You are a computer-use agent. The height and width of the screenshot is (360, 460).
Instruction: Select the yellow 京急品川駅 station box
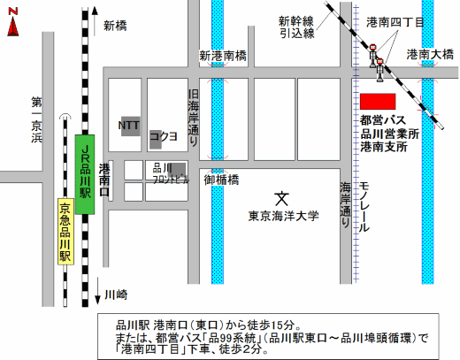click(64, 233)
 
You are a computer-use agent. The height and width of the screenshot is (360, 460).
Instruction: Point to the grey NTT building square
click(130, 126)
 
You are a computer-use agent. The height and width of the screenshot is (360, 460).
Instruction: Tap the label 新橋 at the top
click(115, 26)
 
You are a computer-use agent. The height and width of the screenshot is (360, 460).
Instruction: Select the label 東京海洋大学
click(283, 214)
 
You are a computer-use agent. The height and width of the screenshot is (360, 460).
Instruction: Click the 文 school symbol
click(281, 197)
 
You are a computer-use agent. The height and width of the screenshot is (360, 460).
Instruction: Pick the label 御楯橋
click(221, 180)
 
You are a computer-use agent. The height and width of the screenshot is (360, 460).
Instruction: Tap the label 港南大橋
click(431, 55)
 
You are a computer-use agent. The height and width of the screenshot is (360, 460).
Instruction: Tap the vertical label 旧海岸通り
click(194, 114)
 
